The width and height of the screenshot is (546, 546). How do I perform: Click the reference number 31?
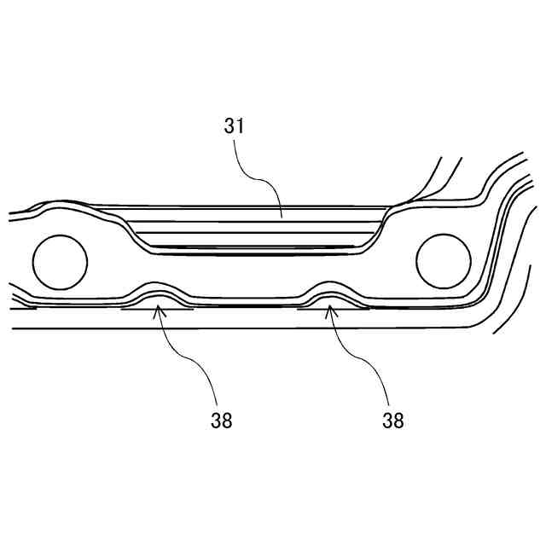coord(235,126)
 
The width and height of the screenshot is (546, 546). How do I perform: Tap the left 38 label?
coord(220,420)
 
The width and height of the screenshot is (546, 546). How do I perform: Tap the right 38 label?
coord(392,420)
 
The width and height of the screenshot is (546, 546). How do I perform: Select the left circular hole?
coord(59,261)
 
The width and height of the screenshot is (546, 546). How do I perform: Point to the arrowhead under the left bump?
coord(157,311)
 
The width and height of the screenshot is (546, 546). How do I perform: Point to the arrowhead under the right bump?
coord(331,311)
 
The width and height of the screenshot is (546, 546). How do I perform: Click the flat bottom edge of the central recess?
coord(256,248)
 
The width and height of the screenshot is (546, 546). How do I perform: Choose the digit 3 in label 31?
coord(229,126)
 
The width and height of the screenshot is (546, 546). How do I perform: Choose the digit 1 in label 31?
coord(241,126)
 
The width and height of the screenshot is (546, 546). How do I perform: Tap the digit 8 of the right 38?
coord(398,420)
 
